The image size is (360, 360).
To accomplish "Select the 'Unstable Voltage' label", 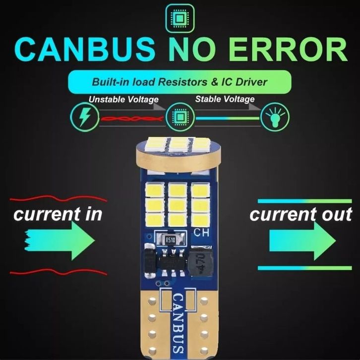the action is pyautogui.click(x=123, y=100).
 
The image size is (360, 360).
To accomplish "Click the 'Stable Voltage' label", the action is pyautogui.click(x=225, y=99).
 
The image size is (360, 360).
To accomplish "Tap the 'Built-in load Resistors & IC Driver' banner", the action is pyautogui.click(x=180, y=81).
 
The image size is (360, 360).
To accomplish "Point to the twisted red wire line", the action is pyautogui.click(x=131, y=119).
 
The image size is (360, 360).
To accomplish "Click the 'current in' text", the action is pyautogui.click(x=58, y=214).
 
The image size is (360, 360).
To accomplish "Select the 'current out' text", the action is pyautogui.click(x=301, y=214).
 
